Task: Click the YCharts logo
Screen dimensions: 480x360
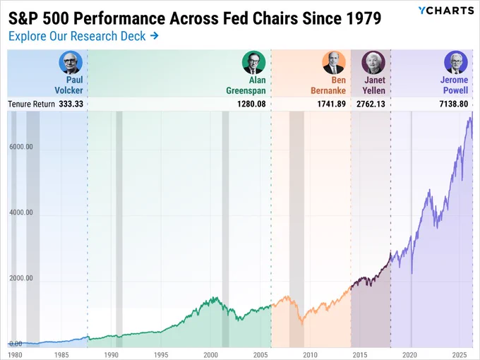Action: [446, 11]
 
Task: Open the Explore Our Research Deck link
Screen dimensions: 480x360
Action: [83, 36]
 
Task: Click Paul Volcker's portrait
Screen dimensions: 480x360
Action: [71, 62]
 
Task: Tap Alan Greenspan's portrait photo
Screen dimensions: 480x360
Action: [253, 62]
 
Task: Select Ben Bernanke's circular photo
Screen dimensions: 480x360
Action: [334, 62]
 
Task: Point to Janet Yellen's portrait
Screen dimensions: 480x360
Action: [373, 62]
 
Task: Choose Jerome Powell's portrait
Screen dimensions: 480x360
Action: [456, 62]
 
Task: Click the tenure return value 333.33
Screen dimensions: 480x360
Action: [71, 104]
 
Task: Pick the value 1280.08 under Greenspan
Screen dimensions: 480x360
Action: [251, 104]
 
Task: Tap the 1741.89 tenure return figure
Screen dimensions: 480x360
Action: [332, 104]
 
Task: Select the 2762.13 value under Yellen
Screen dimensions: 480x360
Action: [371, 104]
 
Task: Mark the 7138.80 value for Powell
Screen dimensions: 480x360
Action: [454, 104]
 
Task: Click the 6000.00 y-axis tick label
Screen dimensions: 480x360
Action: [20, 147]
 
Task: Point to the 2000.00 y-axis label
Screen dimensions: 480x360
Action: [20, 278]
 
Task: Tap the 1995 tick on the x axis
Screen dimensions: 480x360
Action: [161, 355]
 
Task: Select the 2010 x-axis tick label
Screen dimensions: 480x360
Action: [310, 355]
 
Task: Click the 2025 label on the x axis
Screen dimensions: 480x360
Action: [460, 355]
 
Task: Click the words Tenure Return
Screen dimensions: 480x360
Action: [31, 104]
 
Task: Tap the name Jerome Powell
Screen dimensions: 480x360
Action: [455, 85]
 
